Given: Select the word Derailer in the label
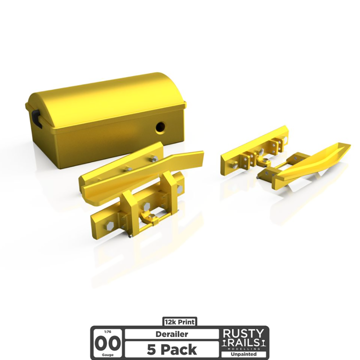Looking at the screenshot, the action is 172,334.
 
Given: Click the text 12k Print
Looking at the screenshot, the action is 180,322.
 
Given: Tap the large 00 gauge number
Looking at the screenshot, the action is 108,344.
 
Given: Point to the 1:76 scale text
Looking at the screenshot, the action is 107,332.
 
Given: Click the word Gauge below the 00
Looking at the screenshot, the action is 107,355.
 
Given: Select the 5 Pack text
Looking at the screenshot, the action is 172,350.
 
